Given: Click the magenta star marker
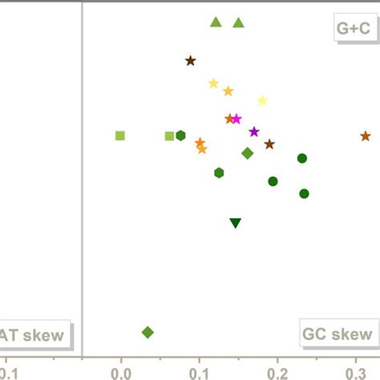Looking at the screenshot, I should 236,119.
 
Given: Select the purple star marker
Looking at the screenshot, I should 254,131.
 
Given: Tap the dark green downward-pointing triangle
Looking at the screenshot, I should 235,223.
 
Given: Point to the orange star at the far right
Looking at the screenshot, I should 366,136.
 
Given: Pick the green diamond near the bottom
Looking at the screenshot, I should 148,332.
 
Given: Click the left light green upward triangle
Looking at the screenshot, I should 215,22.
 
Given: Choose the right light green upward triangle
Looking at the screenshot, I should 238,22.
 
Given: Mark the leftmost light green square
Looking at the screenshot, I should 120,135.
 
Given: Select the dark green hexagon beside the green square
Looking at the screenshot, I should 180,135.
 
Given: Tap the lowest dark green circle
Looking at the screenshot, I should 304,193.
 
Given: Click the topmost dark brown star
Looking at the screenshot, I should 190,60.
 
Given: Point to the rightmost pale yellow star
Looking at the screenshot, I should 262,100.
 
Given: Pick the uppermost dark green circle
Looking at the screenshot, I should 302,158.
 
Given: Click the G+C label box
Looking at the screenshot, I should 353,28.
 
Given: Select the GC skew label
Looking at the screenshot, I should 337,334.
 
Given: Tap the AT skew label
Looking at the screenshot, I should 36,335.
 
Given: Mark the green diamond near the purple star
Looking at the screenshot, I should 248,153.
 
